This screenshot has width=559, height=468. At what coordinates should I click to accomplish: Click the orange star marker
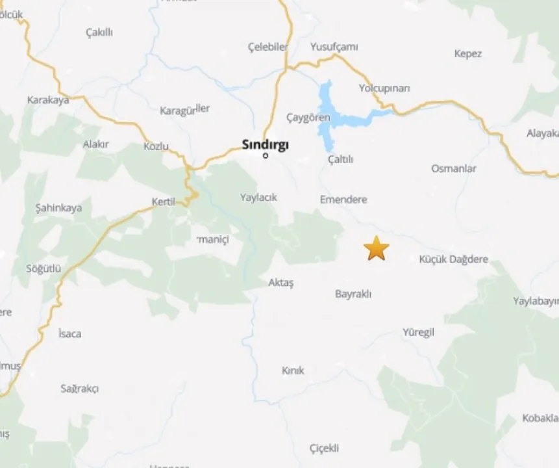coord(376,248)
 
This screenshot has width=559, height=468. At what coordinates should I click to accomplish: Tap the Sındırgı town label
coord(265,144)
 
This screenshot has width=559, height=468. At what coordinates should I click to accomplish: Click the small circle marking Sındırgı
coord(265,155)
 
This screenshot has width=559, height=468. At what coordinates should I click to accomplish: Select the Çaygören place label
coord(308,118)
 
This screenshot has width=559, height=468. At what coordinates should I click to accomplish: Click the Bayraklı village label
coord(353,294)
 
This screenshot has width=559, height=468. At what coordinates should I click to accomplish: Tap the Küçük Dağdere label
coord(453,259)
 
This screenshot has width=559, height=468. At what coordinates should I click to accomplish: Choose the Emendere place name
coord(343,200)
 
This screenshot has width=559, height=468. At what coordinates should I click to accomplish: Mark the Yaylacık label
coord(258,197)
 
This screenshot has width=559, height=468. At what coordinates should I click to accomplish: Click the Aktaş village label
coord(281,283)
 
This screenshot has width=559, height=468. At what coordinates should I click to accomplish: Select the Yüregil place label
coord(418,332)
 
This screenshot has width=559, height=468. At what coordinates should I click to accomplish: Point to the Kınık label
coord(293,370)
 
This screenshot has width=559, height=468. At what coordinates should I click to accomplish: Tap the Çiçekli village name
coord(324,448)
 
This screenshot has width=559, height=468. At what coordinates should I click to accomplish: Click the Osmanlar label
coord(454,168)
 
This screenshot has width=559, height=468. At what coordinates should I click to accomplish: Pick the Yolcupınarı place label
coord(384,88)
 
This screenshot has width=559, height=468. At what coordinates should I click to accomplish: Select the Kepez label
coord(468,54)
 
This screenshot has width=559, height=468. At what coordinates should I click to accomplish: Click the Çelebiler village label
coord(267,47)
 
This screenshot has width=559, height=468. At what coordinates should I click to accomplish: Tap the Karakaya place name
coord(48,100)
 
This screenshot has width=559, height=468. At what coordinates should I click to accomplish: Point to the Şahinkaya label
coord(58,208)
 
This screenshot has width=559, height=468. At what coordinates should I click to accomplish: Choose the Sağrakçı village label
coord(79,389)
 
